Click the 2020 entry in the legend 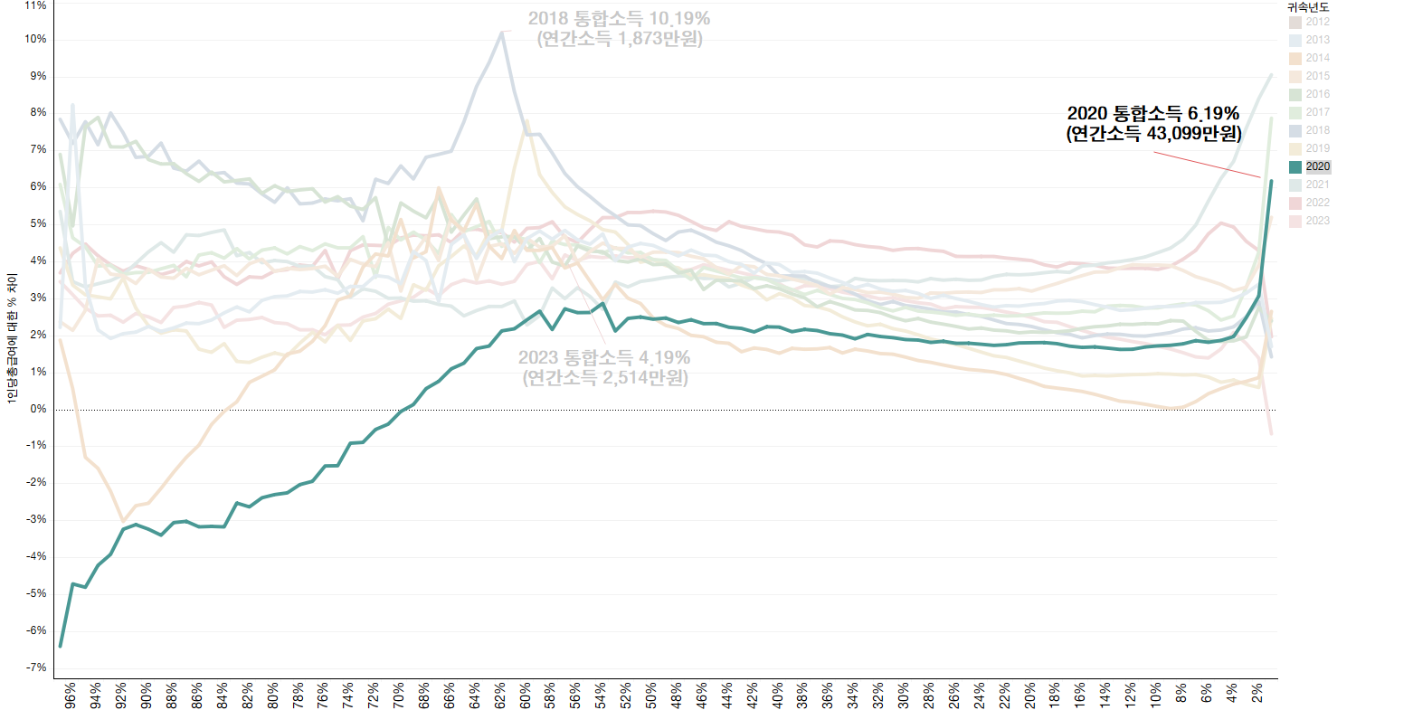tap(1317, 166)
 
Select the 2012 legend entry tap(1317, 22)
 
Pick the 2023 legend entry tap(1317, 221)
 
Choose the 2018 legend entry tap(1317, 130)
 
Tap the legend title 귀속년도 tap(1308, 7)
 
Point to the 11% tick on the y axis tap(36, 5)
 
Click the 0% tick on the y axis tap(39, 410)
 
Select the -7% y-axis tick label tap(36, 667)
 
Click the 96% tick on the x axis tap(70, 694)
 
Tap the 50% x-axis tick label tap(650, 694)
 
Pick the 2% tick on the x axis tap(1257, 694)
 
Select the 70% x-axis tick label tap(398, 694)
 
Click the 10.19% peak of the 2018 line tap(502, 32)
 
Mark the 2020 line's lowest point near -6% tap(61, 646)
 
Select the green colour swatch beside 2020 tap(1295, 166)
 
